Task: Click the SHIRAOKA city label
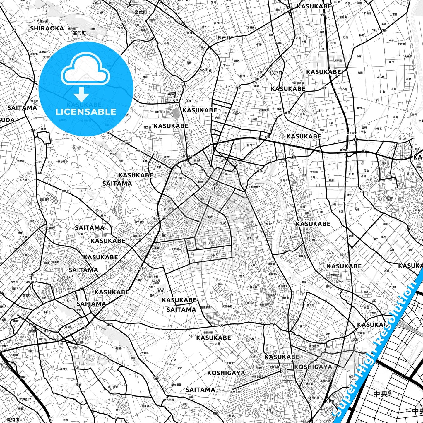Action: point(47,28)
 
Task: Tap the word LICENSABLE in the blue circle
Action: point(86,112)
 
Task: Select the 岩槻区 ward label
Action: point(25,399)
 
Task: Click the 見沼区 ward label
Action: point(13,420)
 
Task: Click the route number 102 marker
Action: point(355,340)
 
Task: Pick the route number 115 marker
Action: point(331,402)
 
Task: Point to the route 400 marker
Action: point(216,185)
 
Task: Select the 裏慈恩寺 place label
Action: point(63,162)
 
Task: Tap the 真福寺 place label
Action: point(64,369)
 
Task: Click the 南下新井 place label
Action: point(113,387)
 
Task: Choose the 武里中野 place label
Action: point(227,306)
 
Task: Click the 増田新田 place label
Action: point(208,333)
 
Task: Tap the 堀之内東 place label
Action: point(351,133)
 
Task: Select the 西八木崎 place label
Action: point(169,209)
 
